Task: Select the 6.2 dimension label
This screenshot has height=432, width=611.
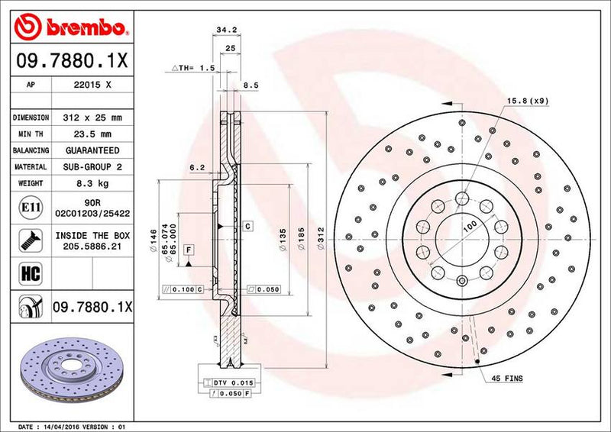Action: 196,166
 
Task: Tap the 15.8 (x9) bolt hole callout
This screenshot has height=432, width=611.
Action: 525,100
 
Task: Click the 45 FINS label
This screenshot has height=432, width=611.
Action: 507,379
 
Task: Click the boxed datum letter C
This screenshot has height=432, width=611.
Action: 248,227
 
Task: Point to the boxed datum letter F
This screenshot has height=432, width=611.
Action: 188,250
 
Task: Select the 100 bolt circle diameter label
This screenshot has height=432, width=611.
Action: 470,224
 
